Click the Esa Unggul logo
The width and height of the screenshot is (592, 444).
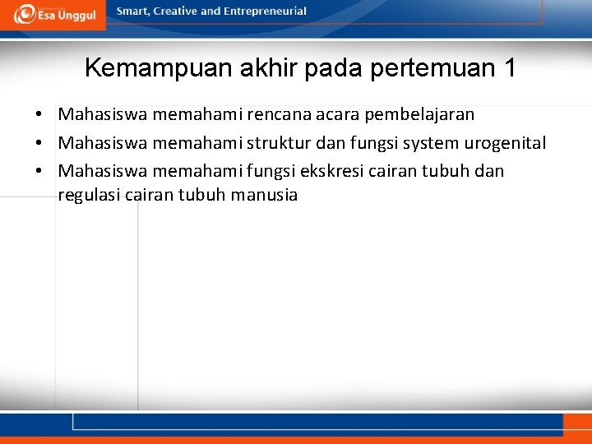tap(53, 14)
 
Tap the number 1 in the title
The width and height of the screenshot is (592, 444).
tap(508, 68)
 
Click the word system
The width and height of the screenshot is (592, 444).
tap(431, 143)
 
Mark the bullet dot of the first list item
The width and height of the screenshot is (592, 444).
tap(39, 115)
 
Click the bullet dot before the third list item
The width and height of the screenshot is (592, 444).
tap(39, 172)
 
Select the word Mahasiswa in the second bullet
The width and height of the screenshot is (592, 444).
tap(103, 143)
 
